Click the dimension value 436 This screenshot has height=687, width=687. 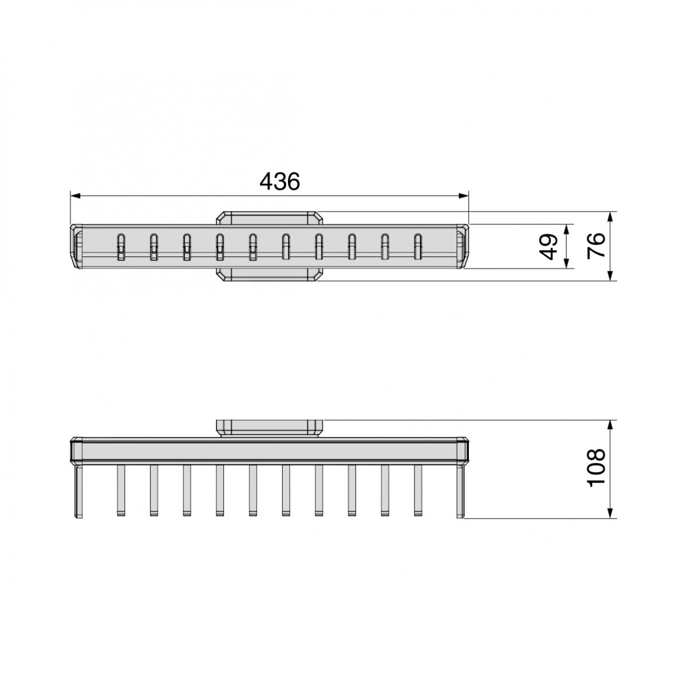(x=279, y=181)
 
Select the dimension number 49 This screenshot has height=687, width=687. (x=549, y=246)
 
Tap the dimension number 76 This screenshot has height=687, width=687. (x=597, y=246)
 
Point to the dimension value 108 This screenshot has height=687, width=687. (x=597, y=468)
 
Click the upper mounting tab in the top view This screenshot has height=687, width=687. (x=270, y=218)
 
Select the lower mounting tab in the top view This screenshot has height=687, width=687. (x=270, y=275)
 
